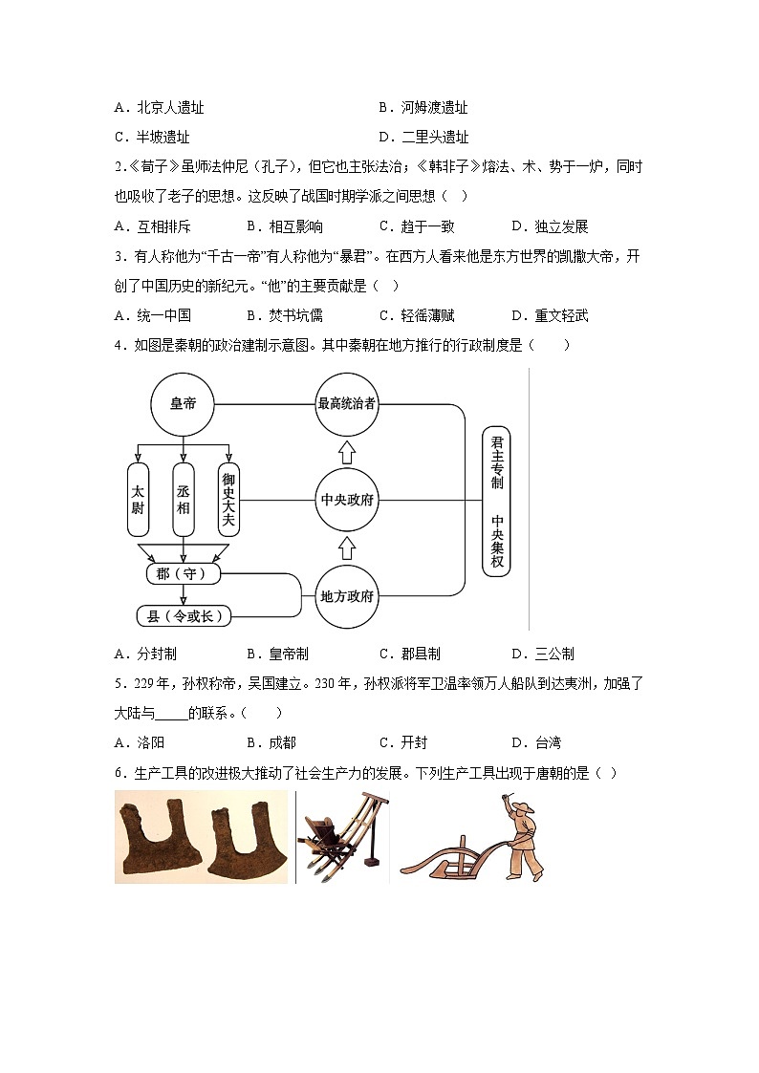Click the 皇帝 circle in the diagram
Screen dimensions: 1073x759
[183, 404]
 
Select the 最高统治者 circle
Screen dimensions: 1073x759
[347, 404]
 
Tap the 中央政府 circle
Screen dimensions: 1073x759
[347, 500]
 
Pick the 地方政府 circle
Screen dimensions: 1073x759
[347, 596]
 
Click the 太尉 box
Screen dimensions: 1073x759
[138, 499]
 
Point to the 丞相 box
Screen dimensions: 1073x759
[184, 499]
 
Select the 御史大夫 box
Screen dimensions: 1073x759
[228, 499]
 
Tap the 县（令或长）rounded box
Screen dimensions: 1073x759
[184, 616]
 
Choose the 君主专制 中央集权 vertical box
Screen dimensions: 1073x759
[496, 500]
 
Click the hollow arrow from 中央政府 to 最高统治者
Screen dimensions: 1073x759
[347, 450]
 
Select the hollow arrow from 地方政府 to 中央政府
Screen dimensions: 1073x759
[347, 547]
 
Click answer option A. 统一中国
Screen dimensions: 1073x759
[152, 315]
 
